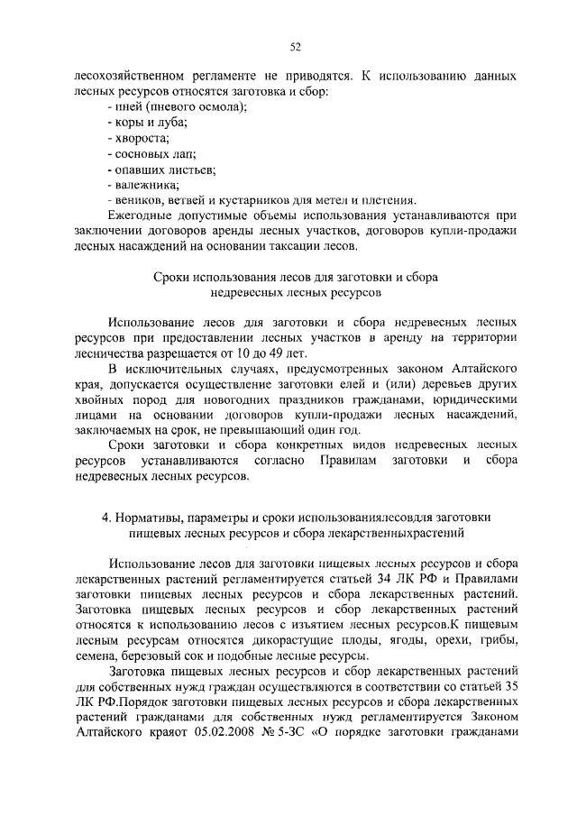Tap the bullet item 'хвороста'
click(x=137, y=138)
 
